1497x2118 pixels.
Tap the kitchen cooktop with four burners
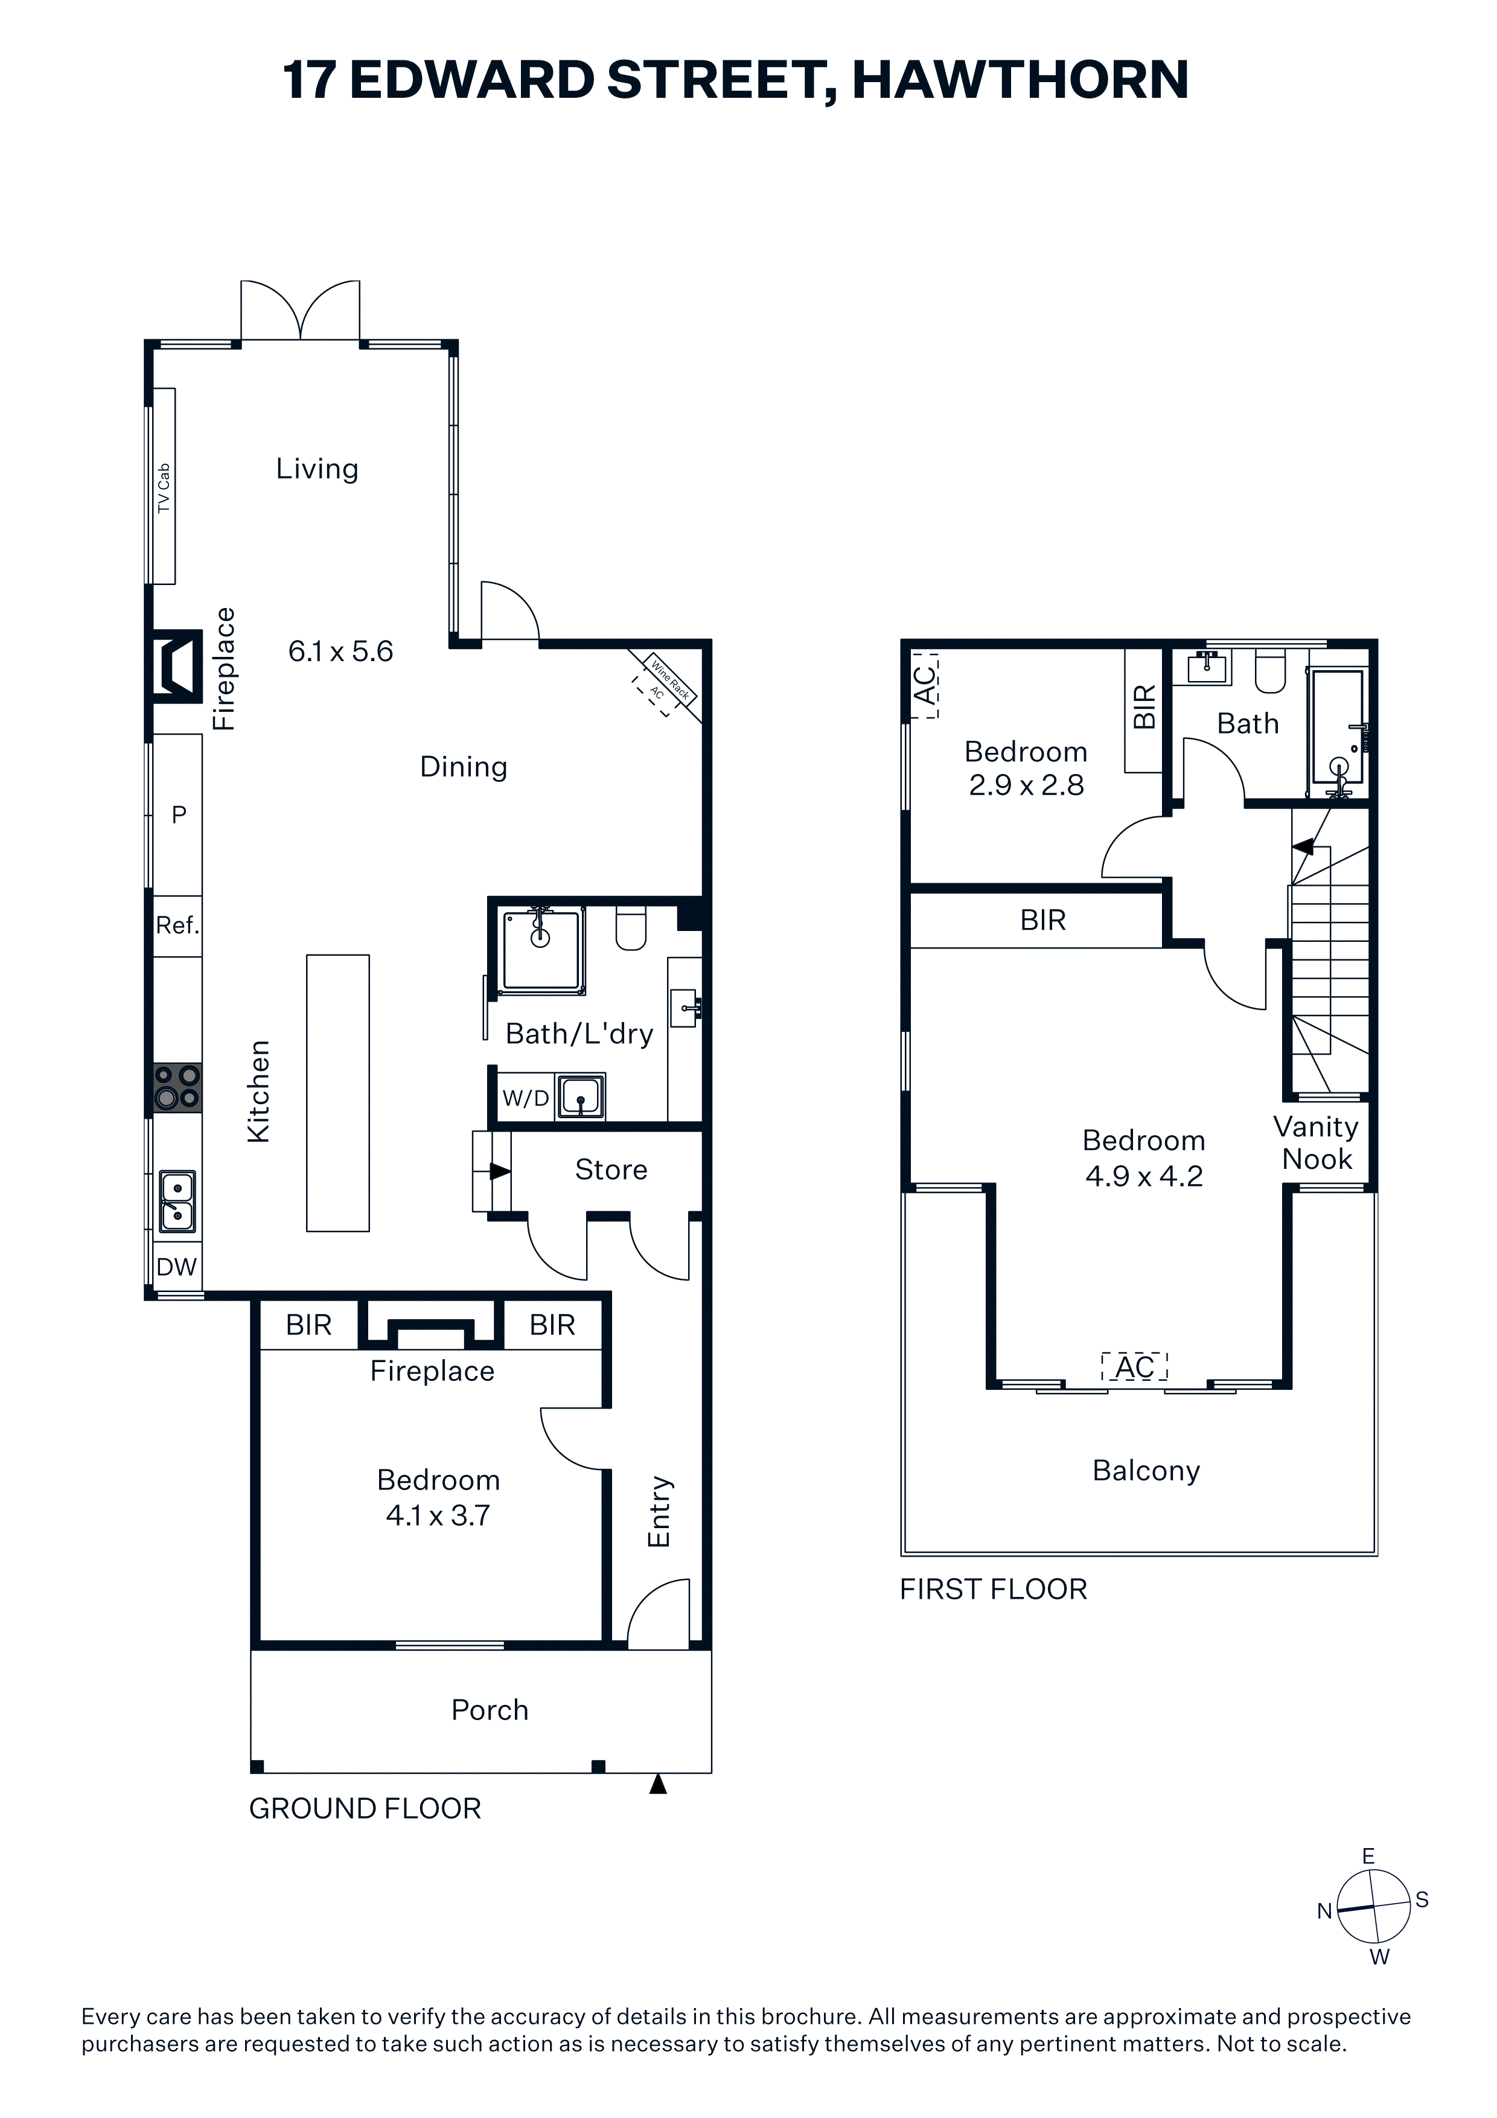coord(177,1087)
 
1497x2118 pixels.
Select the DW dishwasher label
coord(176,1267)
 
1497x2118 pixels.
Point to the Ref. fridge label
coord(177,924)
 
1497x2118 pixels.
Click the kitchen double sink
coord(177,1201)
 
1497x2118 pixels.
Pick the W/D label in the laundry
coord(526,1098)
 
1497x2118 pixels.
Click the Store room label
coord(611,1169)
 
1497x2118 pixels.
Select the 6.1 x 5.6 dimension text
coord(340,651)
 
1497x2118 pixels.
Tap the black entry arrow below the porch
coord(657,1784)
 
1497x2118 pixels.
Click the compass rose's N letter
coord(1324,1912)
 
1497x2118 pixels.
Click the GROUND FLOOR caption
coord(365,1808)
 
